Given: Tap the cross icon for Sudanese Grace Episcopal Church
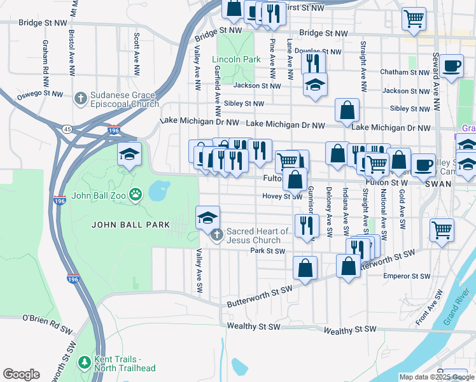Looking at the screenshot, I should point(80,98).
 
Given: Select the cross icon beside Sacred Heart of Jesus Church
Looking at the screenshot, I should point(216,236).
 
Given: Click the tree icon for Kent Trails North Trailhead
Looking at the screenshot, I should point(84,362).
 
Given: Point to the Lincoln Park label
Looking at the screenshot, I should point(236,59).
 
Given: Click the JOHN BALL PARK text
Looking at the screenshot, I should point(130,224).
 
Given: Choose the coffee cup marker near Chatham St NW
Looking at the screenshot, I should point(451,66).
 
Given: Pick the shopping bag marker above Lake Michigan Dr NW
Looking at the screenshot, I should point(347,110).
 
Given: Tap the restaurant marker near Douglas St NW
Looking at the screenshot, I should point(312,62).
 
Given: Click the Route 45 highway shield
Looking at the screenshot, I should point(67,129).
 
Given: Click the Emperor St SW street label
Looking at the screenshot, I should point(406,276).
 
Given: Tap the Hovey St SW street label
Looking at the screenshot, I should point(282,197).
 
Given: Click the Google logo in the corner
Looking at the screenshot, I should point(21,374).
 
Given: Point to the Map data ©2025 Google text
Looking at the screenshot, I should point(436,377).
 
